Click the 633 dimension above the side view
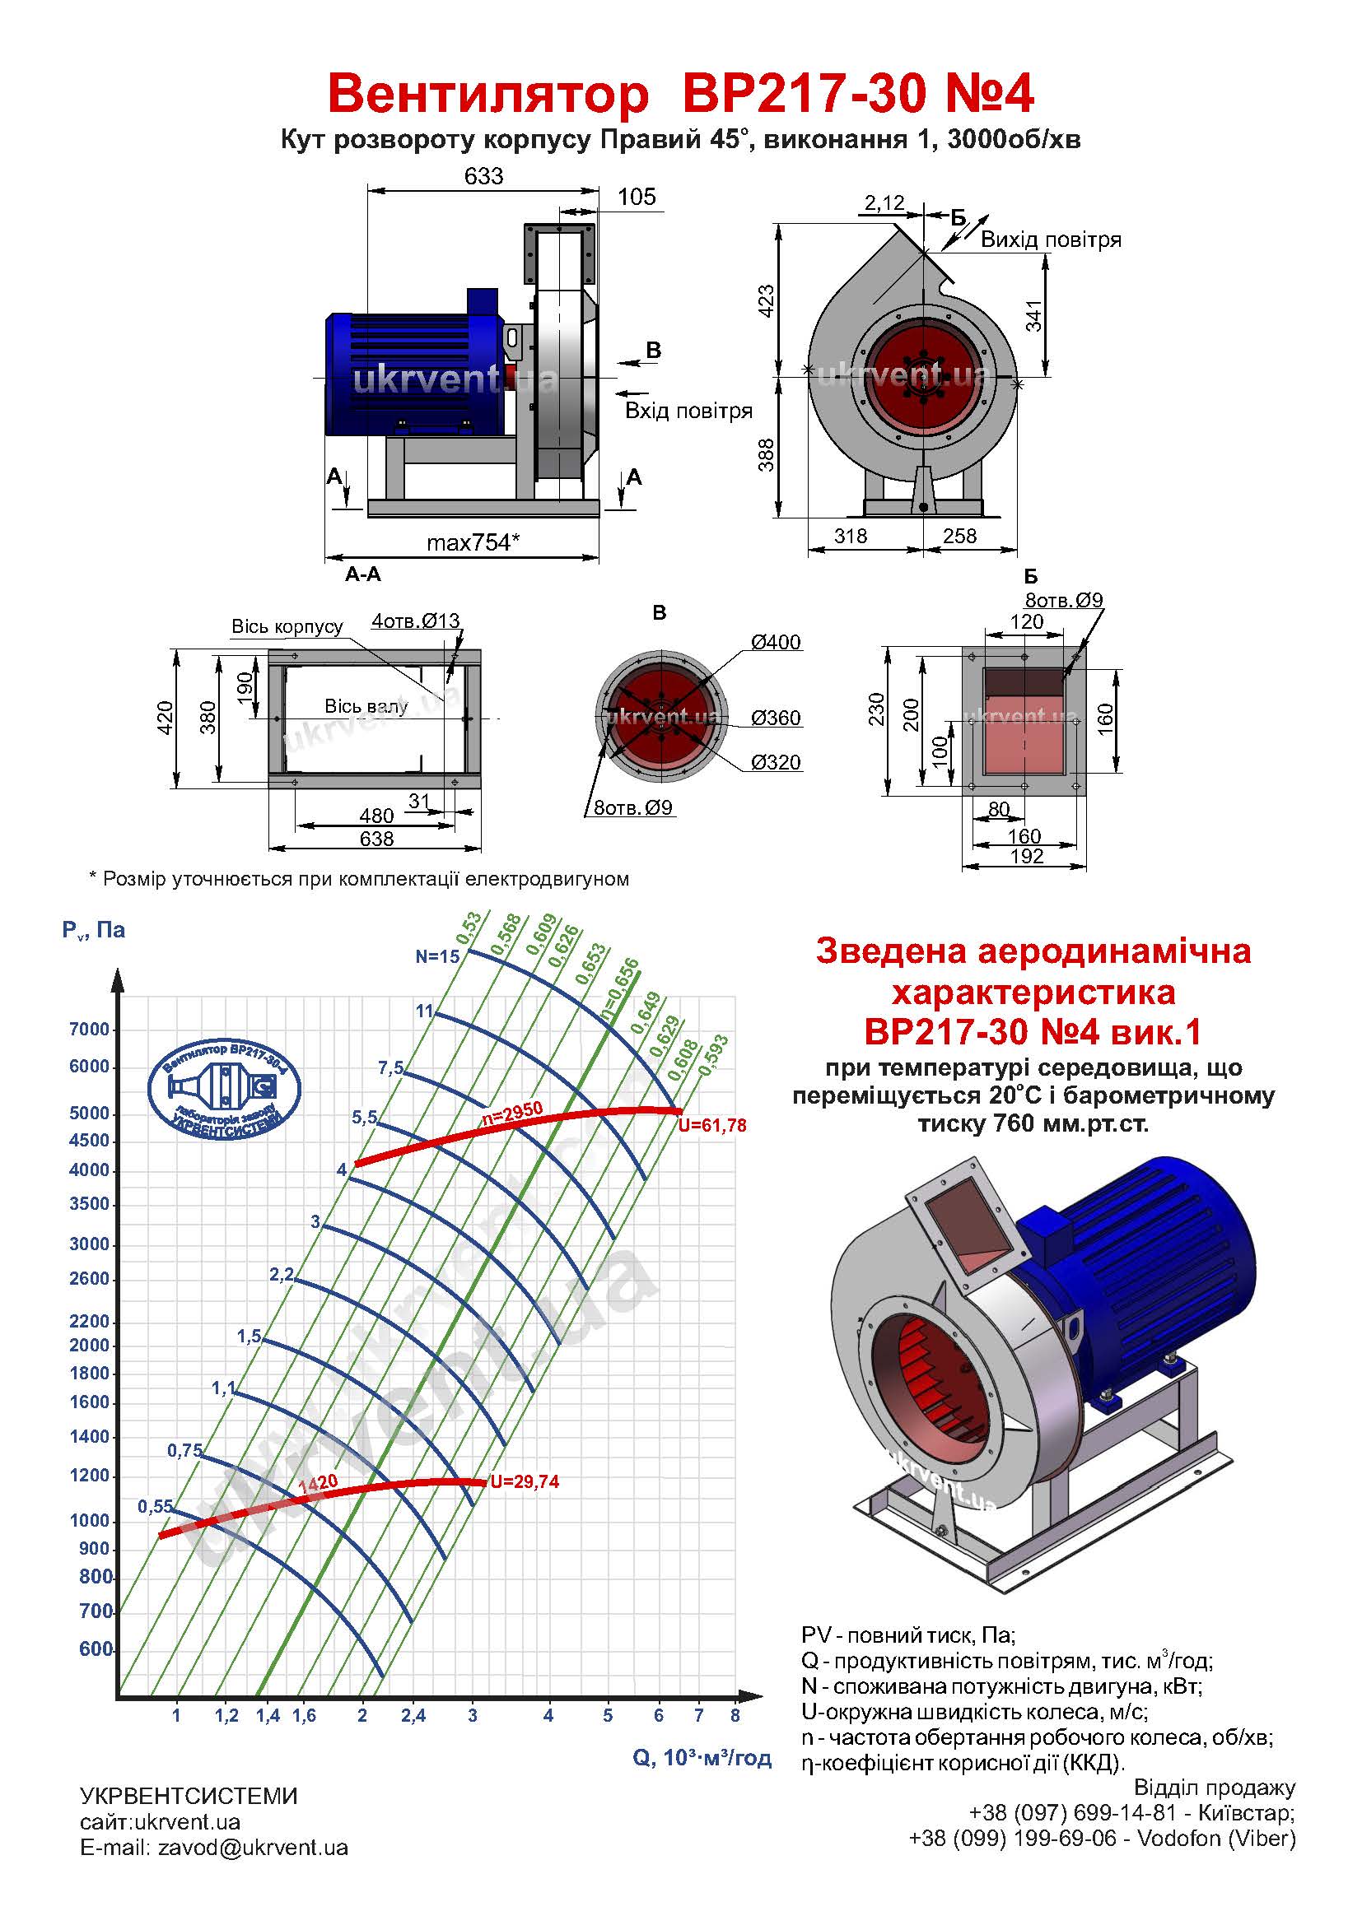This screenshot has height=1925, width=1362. coord(483,176)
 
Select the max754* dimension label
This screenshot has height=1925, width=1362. coord(473,542)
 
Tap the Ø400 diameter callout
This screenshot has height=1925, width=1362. coord(776,642)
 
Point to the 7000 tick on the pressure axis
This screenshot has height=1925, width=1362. coord(90,1030)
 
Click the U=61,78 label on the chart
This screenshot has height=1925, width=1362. coord(712,1125)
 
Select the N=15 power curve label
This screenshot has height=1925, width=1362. coord(438,956)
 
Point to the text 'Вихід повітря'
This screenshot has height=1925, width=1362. coord(1050,239)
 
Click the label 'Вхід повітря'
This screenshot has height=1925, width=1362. coord(688,411)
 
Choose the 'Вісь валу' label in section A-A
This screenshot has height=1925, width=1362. coord(366,707)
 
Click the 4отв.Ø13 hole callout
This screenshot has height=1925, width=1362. coord(416,621)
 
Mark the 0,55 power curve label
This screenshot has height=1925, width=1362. coord(155,1507)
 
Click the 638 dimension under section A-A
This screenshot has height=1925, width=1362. coord(376,839)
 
